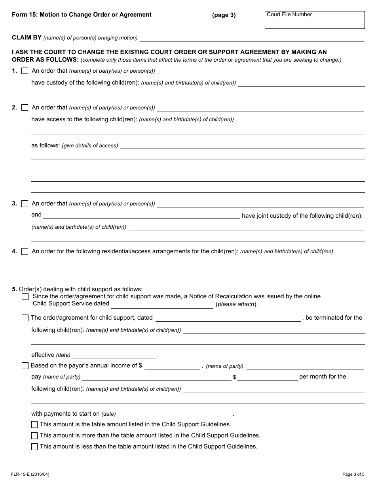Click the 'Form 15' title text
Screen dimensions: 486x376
82,15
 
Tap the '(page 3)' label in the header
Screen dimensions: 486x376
224,15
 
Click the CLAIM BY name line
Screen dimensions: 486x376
252,38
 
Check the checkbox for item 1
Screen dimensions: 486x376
25,71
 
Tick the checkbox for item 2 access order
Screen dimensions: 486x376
25,107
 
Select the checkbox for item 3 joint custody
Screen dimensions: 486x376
25,204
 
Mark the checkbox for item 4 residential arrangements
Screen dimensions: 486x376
25,251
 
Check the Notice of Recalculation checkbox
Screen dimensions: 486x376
25,297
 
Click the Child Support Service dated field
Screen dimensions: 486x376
162,304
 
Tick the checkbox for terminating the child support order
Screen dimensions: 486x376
25,318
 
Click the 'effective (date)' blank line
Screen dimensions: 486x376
114,355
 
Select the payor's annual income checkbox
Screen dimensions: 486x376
25,366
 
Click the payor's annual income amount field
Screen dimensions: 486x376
172,366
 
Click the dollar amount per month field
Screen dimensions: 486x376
268,377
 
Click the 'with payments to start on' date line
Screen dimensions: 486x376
174,414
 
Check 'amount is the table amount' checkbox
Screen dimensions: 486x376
34,425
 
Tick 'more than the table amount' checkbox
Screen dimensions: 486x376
34,436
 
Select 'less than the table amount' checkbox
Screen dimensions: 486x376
34,447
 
